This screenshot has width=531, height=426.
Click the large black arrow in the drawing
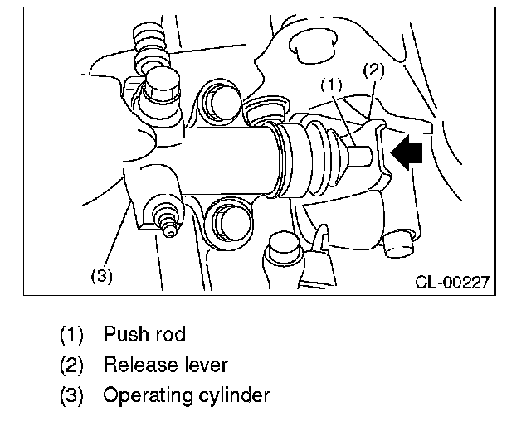coord(410,152)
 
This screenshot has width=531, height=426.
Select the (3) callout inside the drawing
coord(100,276)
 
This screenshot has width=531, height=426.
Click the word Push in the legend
coord(126,335)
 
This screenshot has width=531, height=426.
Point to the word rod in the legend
coord(170,335)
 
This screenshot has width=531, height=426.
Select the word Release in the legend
coord(136,365)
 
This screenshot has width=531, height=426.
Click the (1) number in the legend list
coord(71,335)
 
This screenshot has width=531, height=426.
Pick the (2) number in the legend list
coord(71,365)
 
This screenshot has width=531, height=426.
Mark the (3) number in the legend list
coord(71,395)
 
